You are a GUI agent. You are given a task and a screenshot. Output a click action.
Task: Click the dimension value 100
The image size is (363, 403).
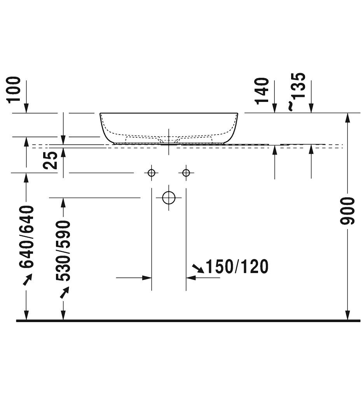click(14, 90)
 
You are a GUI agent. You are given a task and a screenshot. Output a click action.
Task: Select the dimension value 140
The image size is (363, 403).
click(262, 91)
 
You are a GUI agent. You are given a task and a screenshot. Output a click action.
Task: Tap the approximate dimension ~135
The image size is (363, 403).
click(298, 91)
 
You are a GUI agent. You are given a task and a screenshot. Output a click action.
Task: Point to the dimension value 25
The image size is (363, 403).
click(50, 160)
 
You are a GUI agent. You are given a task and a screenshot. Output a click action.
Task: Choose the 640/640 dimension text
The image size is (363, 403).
click(27, 237)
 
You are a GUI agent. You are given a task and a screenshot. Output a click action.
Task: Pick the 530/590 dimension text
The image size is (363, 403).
click(63, 251)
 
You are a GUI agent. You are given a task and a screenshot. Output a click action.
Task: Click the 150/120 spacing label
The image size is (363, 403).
click(237, 266)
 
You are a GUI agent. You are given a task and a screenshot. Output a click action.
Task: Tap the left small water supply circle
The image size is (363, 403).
click(152, 173)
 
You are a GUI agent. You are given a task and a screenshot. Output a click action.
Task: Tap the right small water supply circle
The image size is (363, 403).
click(186, 173)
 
